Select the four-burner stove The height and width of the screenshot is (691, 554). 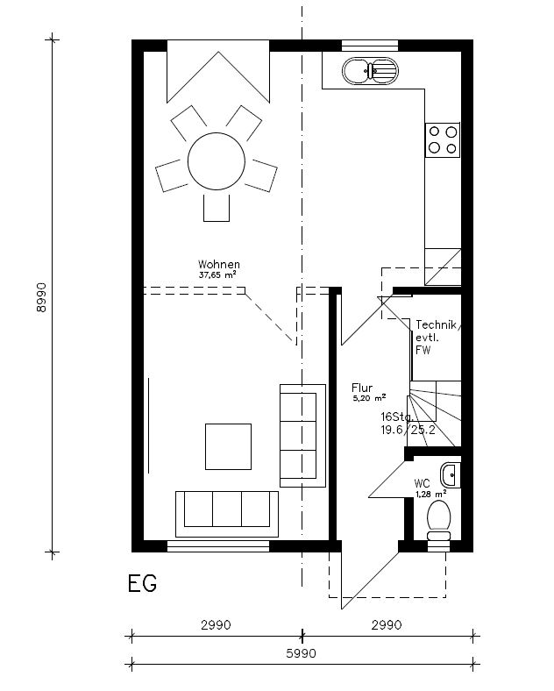click(x=442, y=139)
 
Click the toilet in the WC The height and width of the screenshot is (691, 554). click(x=438, y=518)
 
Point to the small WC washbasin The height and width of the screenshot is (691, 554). click(x=451, y=474)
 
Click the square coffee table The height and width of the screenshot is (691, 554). click(x=228, y=445)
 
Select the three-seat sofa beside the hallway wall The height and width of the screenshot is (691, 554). click(x=298, y=434)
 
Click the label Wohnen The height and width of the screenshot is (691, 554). click(x=218, y=264)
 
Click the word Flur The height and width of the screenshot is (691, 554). click(x=362, y=387)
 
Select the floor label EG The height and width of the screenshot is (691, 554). click(x=142, y=584)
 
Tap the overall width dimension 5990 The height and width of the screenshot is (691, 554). click(x=302, y=653)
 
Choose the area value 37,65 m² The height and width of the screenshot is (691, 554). click(x=217, y=274)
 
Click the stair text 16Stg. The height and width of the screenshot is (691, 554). click(x=396, y=417)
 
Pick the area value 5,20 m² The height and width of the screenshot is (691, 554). click(x=363, y=397)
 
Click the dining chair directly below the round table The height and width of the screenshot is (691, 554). click(x=216, y=208)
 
